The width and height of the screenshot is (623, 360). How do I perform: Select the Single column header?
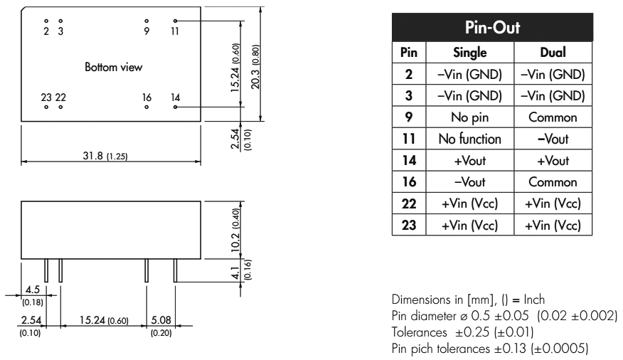click(470, 53)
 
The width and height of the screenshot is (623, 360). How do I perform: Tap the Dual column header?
click(553, 53)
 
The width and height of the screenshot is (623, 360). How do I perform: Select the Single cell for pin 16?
click(470, 181)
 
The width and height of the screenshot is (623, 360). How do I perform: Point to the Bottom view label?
click(114, 68)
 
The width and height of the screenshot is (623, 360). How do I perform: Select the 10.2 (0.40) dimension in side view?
click(235, 228)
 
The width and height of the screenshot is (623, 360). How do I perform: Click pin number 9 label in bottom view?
click(147, 31)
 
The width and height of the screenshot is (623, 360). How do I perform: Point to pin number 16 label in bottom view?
click(147, 97)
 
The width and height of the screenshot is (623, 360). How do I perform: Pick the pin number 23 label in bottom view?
click(46, 97)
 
